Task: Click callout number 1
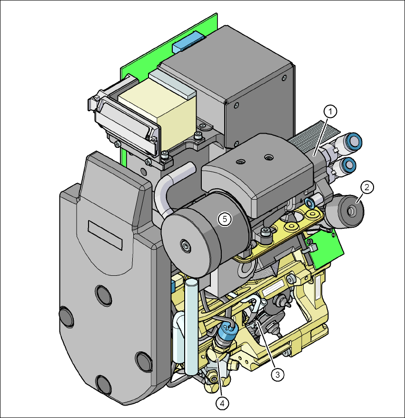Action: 330,112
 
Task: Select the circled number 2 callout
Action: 367,187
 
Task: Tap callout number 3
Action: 277,375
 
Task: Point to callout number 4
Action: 222,404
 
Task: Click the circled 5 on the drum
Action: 225,219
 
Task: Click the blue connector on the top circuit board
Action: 188,42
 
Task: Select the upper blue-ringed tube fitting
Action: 352,142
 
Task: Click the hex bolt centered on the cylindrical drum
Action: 186,246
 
